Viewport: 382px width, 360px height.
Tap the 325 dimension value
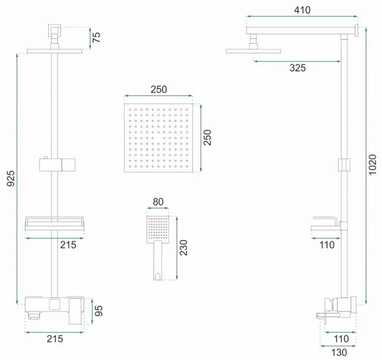coord(298,68)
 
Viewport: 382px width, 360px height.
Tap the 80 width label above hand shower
coord(158,202)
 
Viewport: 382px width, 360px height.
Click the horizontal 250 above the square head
coord(158,89)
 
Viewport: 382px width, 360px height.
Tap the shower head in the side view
coord(253,50)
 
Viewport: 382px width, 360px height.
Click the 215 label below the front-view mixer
coord(54,339)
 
